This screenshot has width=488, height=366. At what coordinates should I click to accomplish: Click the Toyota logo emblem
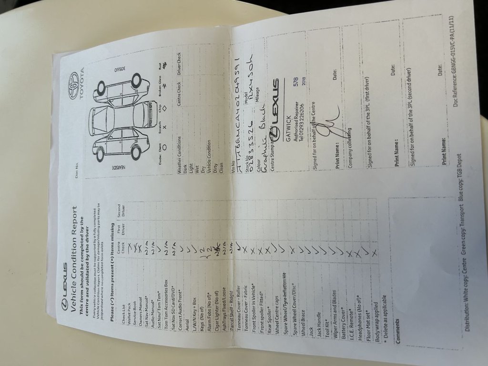[74, 79]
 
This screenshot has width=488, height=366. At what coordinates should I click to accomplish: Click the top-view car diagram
[122, 118]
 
